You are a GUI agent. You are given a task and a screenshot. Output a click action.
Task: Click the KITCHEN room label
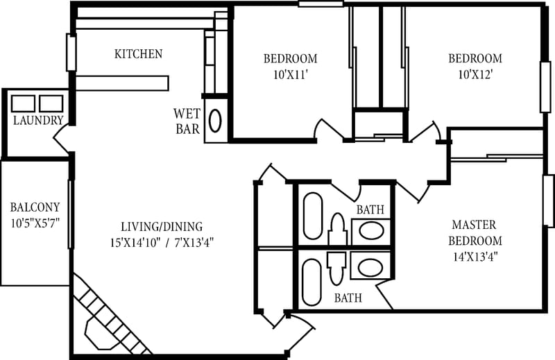138,54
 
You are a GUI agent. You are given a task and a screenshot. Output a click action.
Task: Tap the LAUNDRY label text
38,121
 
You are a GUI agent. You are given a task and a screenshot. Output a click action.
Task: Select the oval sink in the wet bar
215,121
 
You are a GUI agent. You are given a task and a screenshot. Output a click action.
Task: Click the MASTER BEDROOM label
475,233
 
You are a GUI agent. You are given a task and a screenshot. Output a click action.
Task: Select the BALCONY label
35,207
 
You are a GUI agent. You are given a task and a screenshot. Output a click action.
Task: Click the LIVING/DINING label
162,226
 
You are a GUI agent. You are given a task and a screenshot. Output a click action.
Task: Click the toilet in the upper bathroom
337,230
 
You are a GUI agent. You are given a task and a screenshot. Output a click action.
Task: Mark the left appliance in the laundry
24,103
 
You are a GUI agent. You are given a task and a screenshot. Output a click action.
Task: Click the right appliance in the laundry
51,103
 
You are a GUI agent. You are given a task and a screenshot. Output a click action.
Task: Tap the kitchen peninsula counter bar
122,83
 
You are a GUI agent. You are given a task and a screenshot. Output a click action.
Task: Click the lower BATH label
348,299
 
